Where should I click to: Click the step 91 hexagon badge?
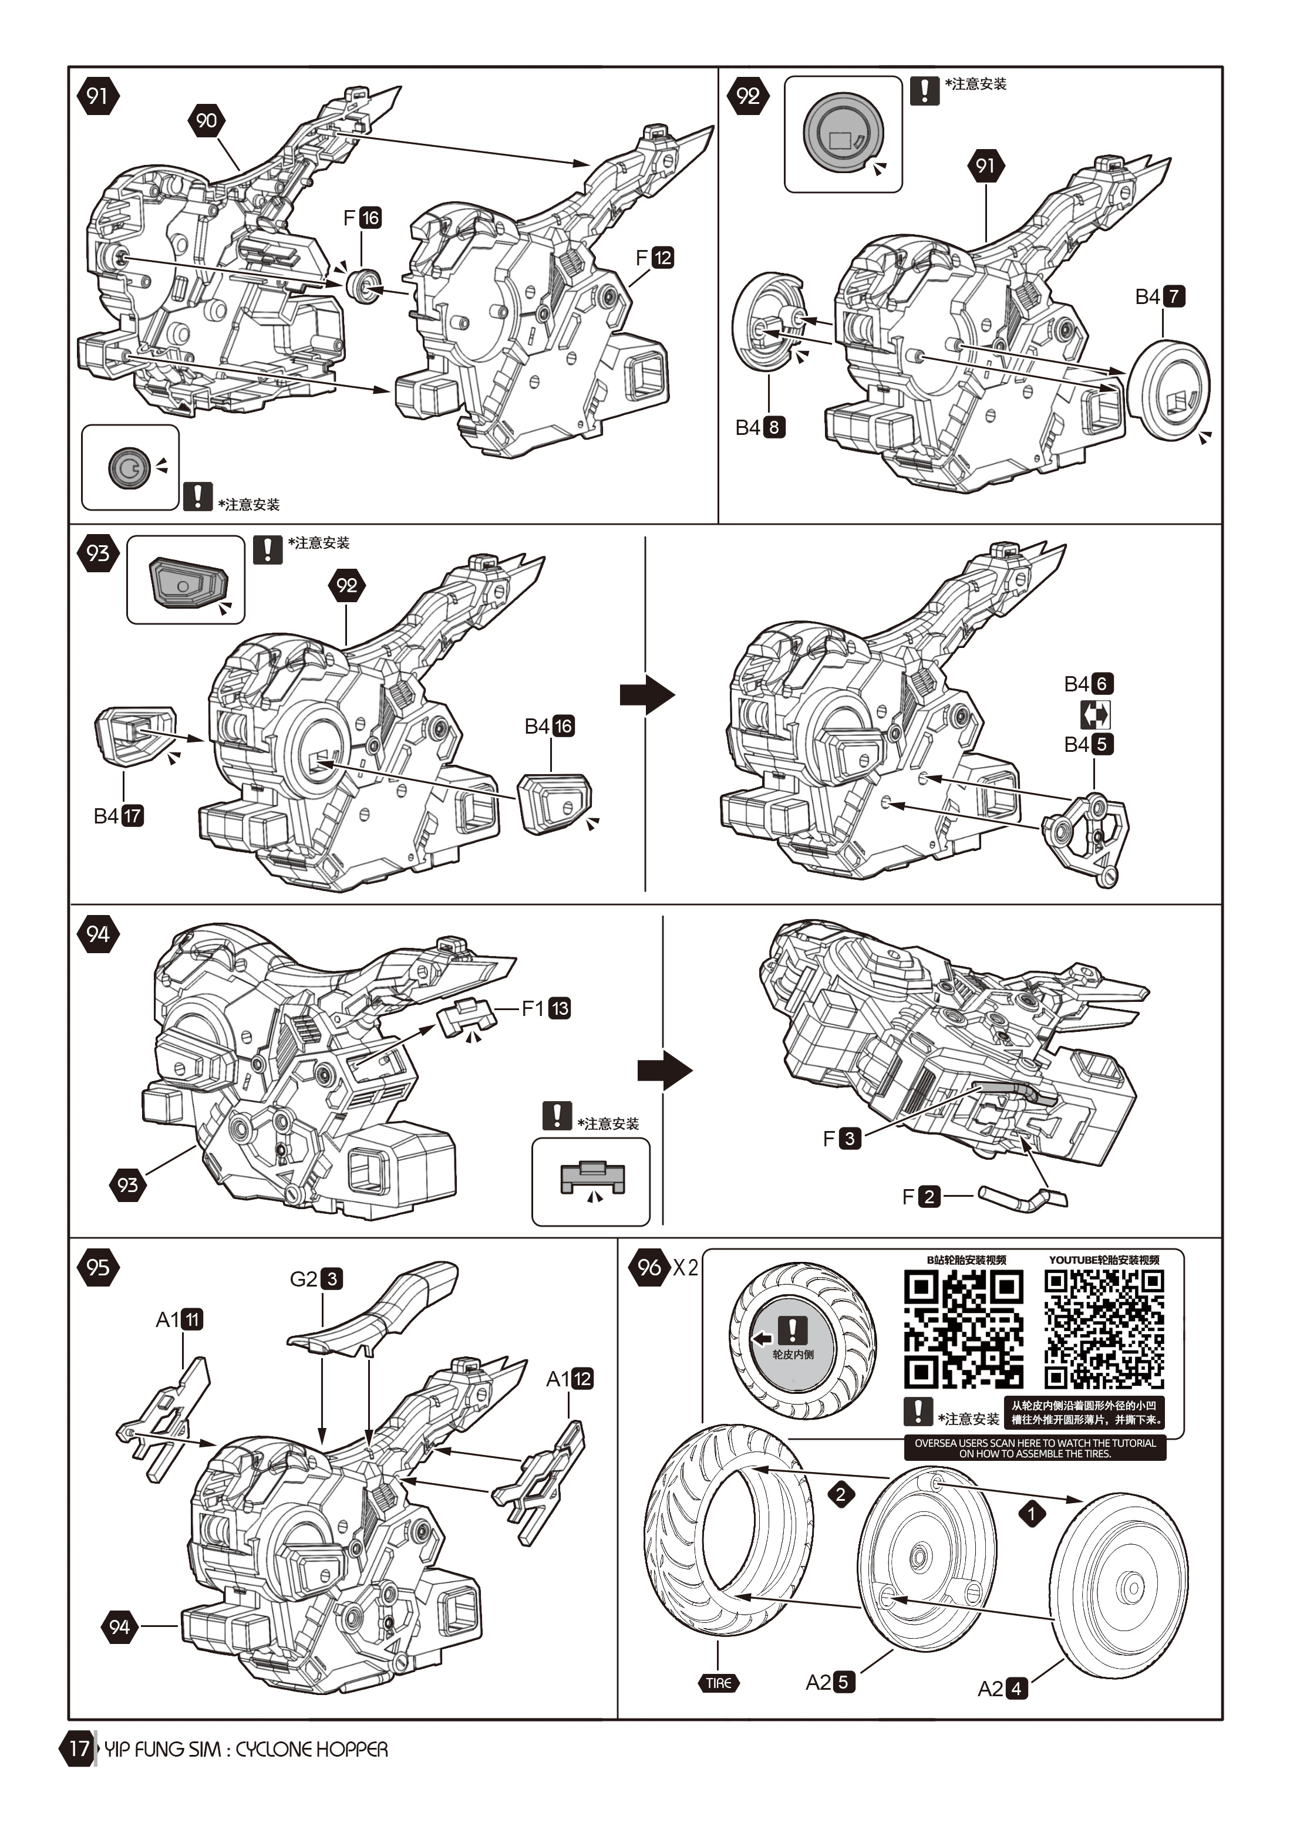click(97, 96)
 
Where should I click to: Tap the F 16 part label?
click(362, 218)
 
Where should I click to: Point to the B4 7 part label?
click(1160, 297)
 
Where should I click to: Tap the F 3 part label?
click(842, 1138)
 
